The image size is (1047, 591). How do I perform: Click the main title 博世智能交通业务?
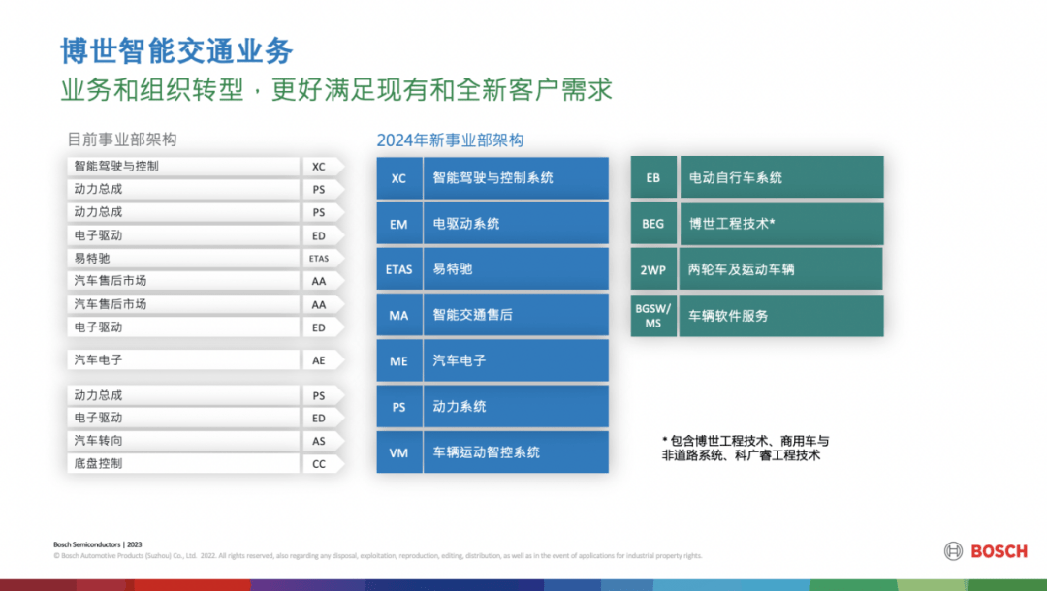pyautogui.click(x=176, y=50)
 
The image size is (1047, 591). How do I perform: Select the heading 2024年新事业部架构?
pyautogui.click(x=450, y=140)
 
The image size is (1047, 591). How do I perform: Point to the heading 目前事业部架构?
pyautogui.click(x=121, y=140)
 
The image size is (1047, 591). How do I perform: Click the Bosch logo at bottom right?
pyautogui.click(x=985, y=551)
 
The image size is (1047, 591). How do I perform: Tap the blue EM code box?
pyautogui.click(x=398, y=224)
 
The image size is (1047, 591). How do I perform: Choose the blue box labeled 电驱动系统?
pyautogui.click(x=515, y=224)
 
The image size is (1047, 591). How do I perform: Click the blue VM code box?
pyautogui.click(x=398, y=452)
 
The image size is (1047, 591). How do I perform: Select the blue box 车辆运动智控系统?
pyautogui.click(x=515, y=452)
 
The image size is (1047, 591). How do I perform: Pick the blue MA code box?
pyautogui.click(x=398, y=316)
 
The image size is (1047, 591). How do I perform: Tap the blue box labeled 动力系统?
pyautogui.click(x=515, y=407)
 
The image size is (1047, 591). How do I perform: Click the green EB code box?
pyautogui.click(x=653, y=178)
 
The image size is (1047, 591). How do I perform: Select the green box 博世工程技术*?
pyautogui.click(x=781, y=224)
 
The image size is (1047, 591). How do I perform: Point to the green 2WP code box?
pyautogui.click(x=653, y=269)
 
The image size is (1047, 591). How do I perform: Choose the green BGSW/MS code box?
pyautogui.click(x=653, y=316)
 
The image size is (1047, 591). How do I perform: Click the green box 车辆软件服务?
pyautogui.click(x=781, y=316)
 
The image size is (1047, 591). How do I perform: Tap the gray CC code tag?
pyautogui.click(x=320, y=464)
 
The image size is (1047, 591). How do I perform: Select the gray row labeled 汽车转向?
pyautogui.click(x=184, y=441)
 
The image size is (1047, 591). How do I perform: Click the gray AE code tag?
pyautogui.click(x=320, y=360)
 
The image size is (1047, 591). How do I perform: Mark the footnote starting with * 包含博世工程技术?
pyautogui.click(x=745, y=448)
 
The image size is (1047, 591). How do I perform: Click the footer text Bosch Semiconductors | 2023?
pyautogui.click(x=97, y=544)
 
